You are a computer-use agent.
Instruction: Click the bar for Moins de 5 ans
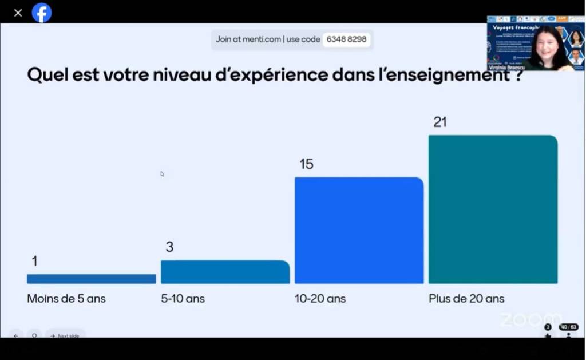[x=91, y=279]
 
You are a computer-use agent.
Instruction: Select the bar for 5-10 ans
[x=225, y=272]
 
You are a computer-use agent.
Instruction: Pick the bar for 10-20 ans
[x=359, y=230]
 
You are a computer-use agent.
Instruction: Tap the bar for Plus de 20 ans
[x=493, y=209]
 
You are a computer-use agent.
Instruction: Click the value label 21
[x=440, y=122]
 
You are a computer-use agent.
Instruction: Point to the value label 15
[x=306, y=164]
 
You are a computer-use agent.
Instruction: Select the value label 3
[x=169, y=247]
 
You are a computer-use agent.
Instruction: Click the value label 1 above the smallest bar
[x=34, y=262]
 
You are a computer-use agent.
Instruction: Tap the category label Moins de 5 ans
[x=66, y=299]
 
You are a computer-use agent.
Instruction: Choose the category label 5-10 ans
[x=183, y=299]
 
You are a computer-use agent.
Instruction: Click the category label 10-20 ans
[x=320, y=299]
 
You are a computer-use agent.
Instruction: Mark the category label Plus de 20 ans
[x=466, y=299]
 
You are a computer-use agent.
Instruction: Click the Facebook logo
[x=42, y=13]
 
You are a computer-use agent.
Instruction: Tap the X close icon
[x=18, y=13]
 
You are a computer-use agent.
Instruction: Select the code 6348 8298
[x=346, y=39]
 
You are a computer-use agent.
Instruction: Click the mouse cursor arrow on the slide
[x=162, y=173]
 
